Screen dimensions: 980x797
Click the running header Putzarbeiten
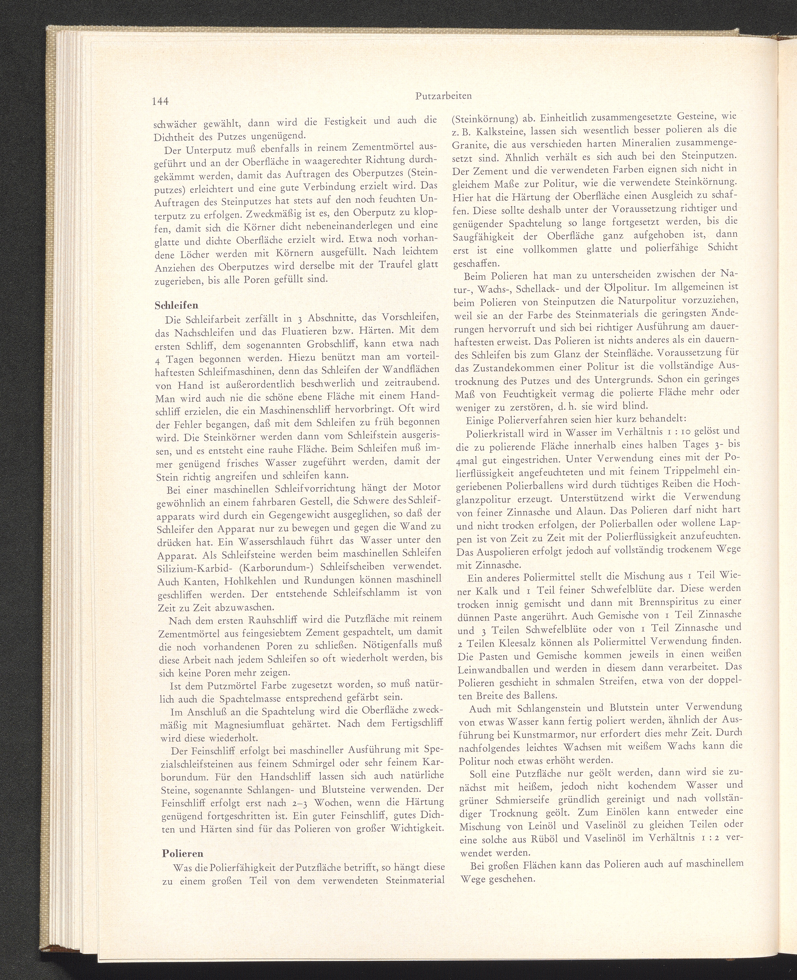(444, 96)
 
